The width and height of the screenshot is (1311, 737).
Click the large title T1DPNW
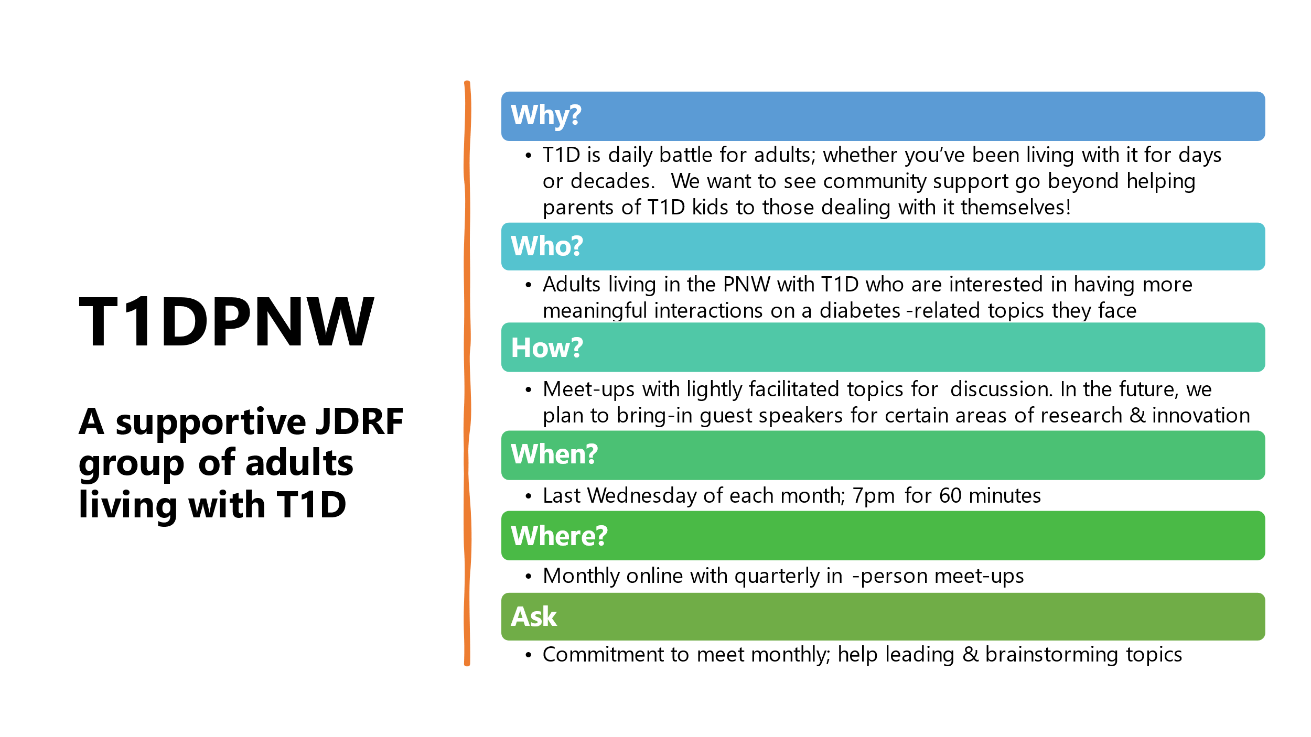227,321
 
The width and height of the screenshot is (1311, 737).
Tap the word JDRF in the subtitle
360,421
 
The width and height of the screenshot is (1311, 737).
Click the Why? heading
546,115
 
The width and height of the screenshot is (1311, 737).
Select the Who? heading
547,245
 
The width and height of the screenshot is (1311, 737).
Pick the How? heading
547,347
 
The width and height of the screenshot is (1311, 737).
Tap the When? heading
554,454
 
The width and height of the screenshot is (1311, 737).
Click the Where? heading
559,536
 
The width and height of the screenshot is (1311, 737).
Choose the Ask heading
534,616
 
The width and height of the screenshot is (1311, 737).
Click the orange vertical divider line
467,373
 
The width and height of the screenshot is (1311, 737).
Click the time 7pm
873,496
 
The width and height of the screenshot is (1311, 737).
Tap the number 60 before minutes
950,496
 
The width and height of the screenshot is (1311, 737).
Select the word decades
612,181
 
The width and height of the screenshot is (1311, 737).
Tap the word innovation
1200,416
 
